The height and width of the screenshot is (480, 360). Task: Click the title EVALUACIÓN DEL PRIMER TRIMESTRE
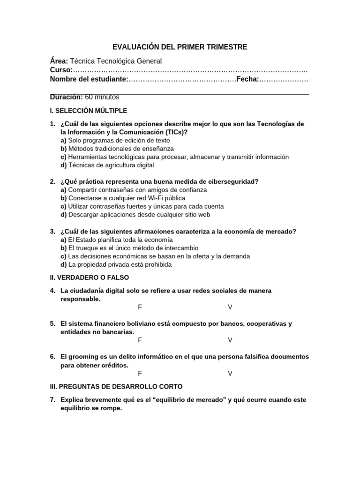click(x=180, y=47)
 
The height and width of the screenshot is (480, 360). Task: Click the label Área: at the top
click(x=59, y=61)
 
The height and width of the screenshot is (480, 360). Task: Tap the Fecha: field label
click(x=247, y=79)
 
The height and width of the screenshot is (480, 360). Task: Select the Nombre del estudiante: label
click(x=89, y=79)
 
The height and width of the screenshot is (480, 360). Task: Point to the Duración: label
click(x=67, y=97)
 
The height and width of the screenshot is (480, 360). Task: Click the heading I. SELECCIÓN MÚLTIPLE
click(x=89, y=111)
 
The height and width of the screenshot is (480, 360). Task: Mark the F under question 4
click(x=140, y=307)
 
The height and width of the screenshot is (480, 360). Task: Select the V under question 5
click(x=230, y=340)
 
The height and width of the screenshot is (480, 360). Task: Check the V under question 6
click(x=230, y=373)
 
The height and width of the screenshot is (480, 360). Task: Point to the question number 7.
click(x=53, y=400)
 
